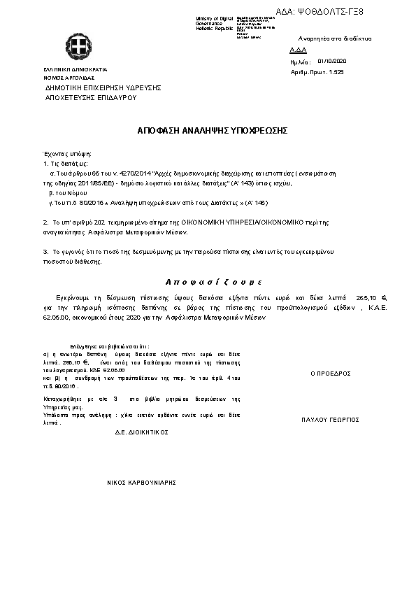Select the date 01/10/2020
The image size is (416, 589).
(x=332, y=62)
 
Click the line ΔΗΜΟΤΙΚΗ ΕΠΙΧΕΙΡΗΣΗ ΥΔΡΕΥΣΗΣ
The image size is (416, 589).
(x=103, y=88)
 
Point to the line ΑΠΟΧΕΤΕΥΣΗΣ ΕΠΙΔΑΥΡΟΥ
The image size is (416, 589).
(x=90, y=98)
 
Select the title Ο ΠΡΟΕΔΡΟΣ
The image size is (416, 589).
(x=330, y=374)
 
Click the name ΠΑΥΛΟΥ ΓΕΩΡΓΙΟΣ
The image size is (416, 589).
(x=330, y=420)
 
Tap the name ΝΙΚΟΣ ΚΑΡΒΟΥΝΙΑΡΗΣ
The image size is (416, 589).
(x=141, y=483)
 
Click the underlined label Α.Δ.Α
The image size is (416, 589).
(x=297, y=51)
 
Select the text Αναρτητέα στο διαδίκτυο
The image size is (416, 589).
(x=334, y=38)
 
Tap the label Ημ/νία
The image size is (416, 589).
(x=299, y=62)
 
